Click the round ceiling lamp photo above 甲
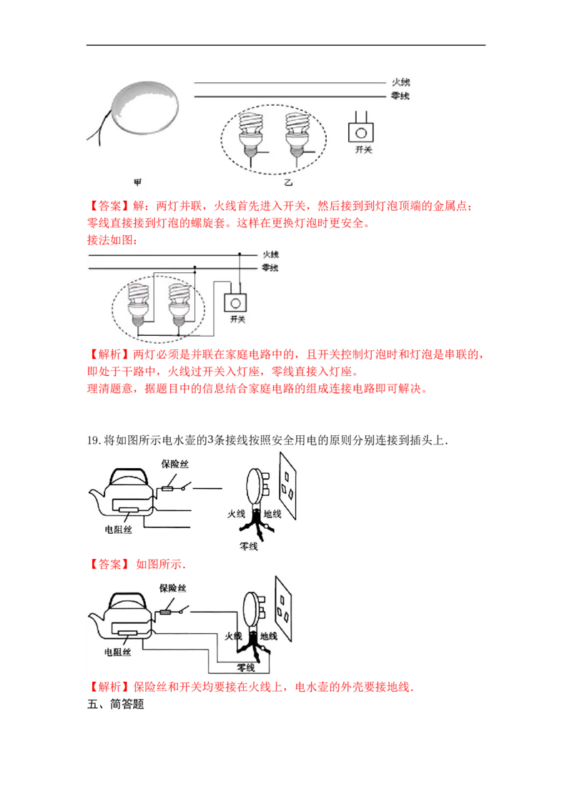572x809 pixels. (145, 107)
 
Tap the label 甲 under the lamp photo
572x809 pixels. (138, 182)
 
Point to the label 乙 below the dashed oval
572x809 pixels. (288, 182)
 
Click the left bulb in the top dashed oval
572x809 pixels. (251, 135)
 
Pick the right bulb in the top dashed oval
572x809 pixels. (297, 135)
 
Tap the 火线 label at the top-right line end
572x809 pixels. (400, 82)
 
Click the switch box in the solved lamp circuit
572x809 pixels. (235, 303)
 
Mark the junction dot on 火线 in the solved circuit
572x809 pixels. (240, 254)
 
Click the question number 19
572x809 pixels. (93, 440)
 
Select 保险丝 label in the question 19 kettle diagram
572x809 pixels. (175, 464)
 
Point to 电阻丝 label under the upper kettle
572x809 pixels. (118, 530)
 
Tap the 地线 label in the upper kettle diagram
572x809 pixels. (272, 514)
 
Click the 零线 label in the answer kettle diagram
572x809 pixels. (246, 667)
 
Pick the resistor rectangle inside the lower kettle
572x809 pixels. (127, 633)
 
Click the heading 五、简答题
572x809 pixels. (116, 704)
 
